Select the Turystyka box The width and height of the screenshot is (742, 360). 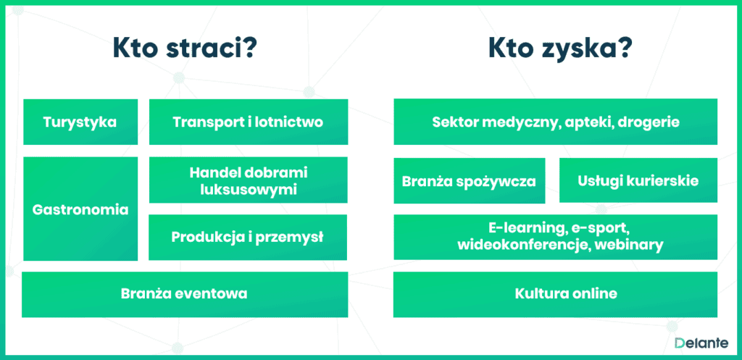click(80, 122)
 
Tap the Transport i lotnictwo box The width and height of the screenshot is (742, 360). click(249, 122)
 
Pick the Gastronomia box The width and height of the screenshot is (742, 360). click(80, 209)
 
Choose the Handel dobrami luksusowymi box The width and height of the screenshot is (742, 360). click(249, 180)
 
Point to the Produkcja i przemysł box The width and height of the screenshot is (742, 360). click(248, 237)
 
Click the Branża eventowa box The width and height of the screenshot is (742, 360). click(185, 294)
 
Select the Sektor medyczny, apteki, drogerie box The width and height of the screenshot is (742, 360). click(556, 122)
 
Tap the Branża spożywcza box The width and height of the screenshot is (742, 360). click(470, 180)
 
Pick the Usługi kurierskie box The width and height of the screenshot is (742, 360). click(638, 180)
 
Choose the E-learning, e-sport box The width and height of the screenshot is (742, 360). click(556, 237)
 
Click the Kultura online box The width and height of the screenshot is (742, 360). click(556, 294)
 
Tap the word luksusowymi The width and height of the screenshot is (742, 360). click(249, 189)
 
